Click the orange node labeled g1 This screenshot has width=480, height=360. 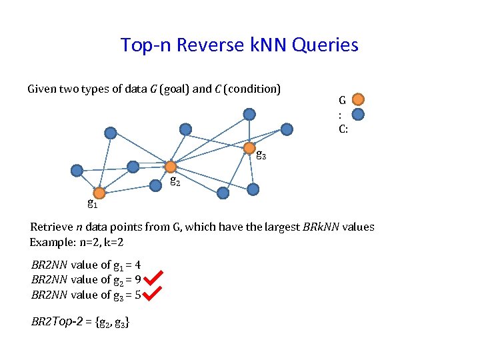(x=99, y=193)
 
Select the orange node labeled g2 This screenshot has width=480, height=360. (x=171, y=167)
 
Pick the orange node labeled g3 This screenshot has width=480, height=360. (x=249, y=147)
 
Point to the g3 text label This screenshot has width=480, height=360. (x=261, y=157)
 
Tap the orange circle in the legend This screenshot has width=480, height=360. (x=358, y=99)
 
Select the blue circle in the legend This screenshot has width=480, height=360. (x=358, y=114)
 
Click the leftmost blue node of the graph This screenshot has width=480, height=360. (x=77, y=170)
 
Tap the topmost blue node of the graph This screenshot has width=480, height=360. (x=249, y=114)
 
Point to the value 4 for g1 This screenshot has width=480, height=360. (x=137, y=265)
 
